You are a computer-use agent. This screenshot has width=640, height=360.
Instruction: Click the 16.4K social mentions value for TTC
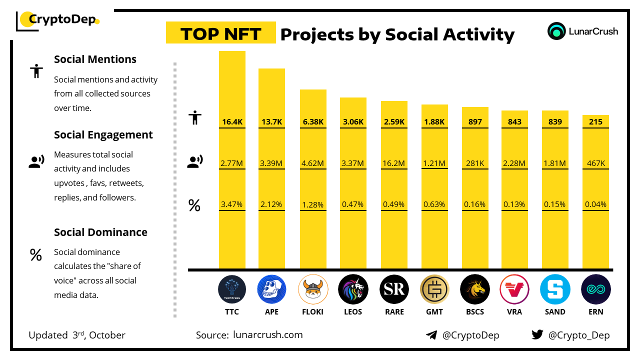(232, 122)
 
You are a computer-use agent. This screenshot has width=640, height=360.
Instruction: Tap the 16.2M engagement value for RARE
(394, 163)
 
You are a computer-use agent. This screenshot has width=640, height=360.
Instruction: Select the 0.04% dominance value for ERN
(595, 204)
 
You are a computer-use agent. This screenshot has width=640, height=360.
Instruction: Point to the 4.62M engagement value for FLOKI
(313, 163)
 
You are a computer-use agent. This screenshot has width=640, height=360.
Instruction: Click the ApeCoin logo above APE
(272, 289)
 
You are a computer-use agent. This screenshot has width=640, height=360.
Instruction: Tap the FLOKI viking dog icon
(313, 289)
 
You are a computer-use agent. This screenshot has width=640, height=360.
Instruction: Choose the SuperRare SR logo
(394, 289)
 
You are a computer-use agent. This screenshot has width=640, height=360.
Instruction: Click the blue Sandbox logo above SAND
(555, 289)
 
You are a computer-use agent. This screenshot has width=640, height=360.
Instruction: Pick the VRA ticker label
(514, 312)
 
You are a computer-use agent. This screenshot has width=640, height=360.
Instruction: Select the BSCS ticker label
(474, 312)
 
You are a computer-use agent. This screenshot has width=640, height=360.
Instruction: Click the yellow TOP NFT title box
(220, 33)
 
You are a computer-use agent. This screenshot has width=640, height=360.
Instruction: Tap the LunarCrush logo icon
(556, 31)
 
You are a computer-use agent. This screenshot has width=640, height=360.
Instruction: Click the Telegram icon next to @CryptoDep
(431, 335)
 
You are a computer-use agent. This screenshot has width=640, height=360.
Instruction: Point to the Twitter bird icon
(537, 334)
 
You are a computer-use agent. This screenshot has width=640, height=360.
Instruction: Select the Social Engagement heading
(103, 135)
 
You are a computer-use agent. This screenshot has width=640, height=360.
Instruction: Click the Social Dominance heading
(100, 232)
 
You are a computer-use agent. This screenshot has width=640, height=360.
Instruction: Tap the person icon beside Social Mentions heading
(36, 71)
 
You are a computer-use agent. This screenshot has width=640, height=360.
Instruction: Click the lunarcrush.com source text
(268, 335)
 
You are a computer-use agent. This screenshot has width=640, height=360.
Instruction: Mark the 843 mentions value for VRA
(514, 122)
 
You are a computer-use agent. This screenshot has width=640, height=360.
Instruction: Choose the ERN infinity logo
(595, 289)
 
